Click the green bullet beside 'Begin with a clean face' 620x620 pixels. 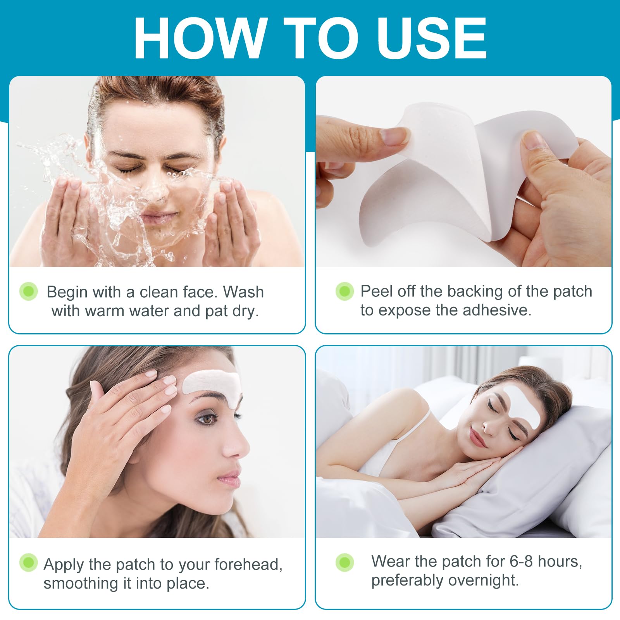[x=29, y=291]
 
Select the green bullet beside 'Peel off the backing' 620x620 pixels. [x=344, y=291]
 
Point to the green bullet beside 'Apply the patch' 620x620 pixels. [x=29, y=563]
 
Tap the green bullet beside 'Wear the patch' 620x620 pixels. [x=344, y=563]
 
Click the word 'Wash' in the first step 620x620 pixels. [x=243, y=292]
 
